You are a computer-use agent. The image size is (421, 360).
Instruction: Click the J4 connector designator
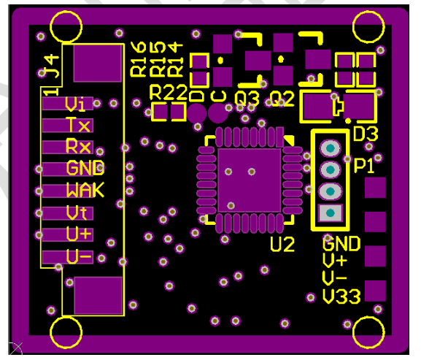pyautogui.click(x=52, y=66)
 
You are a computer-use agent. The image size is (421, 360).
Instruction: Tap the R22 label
pyautogui.click(x=168, y=92)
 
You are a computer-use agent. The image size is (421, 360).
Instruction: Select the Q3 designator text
pyautogui.click(x=247, y=98)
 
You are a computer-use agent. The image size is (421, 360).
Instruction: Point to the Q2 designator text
pyautogui.click(x=282, y=98)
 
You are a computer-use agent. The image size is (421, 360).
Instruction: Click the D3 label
pyautogui.click(x=366, y=134)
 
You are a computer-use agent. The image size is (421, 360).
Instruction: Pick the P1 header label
pyautogui.click(x=364, y=165)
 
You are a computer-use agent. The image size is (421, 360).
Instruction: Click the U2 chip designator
pyautogui.click(x=282, y=245)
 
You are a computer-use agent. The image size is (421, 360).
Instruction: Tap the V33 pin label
pyautogui.click(x=341, y=296)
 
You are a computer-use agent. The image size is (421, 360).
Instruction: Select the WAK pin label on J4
pyautogui.click(x=85, y=190)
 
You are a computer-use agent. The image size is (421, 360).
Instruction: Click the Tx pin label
pyautogui.click(x=78, y=125)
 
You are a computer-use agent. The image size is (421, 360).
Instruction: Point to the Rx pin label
pyautogui.click(x=78, y=146)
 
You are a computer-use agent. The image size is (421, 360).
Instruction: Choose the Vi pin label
pyautogui.click(x=75, y=104)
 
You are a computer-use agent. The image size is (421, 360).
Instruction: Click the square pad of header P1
pyautogui.click(x=331, y=212)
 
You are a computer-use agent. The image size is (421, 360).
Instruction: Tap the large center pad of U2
pyautogui.click(x=249, y=180)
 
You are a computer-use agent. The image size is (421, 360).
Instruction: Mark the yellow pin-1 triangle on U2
pyautogui.click(x=289, y=140)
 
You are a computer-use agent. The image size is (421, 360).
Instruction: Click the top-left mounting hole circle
pyautogui.click(x=66, y=26)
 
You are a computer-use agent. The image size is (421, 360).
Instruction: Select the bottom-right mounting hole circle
pyautogui.click(x=368, y=332)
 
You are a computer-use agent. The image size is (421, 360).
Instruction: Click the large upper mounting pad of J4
pyautogui.click(x=98, y=64)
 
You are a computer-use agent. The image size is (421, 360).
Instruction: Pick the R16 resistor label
pyautogui.click(x=138, y=59)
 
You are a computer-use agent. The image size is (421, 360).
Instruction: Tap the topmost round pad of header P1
pyautogui.click(x=331, y=148)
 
